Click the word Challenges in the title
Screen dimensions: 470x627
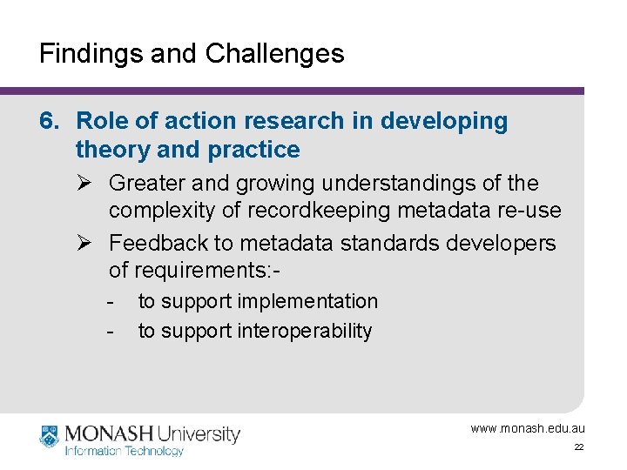click(275, 54)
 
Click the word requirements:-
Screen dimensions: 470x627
click(195, 270)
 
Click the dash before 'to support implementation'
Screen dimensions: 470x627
click(110, 301)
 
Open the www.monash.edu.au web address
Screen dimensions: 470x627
click(528, 428)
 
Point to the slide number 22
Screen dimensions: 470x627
click(578, 447)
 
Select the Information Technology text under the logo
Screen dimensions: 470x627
click(125, 451)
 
